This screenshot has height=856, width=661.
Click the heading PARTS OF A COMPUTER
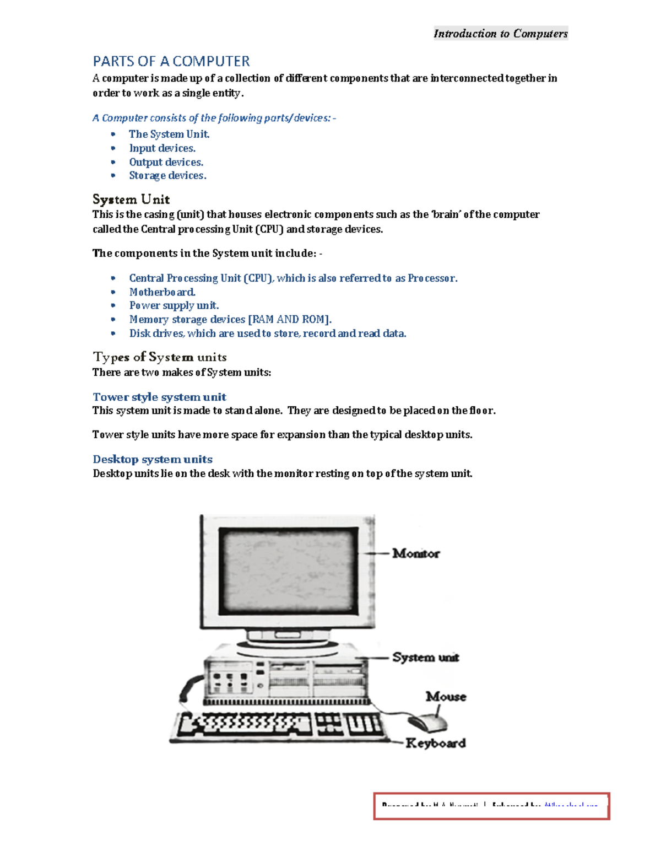(x=171, y=61)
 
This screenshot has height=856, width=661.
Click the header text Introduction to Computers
(x=500, y=34)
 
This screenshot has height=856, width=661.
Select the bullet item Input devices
(x=162, y=148)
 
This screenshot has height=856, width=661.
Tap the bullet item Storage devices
(x=167, y=176)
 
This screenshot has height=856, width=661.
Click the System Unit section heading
(x=131, y=200)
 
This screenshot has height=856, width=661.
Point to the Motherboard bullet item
(x=162, y=292)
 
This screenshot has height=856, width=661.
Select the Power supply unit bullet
(x=174, y=306)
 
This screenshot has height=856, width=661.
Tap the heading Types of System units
(x=160, y=357)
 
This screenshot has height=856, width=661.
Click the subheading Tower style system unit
(x=159, y=397)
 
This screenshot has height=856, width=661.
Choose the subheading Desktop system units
(x=153, y=460)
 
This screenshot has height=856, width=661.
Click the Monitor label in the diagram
(x=416, y=553)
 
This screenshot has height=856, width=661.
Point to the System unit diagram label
(x=425, y=658)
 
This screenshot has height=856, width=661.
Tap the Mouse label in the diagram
(x=446, y=697)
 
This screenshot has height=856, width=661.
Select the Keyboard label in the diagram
(x=435, y=744)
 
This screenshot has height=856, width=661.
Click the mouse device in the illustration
(x=427, y=723)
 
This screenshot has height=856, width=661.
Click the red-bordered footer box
(x=491, y=806)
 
